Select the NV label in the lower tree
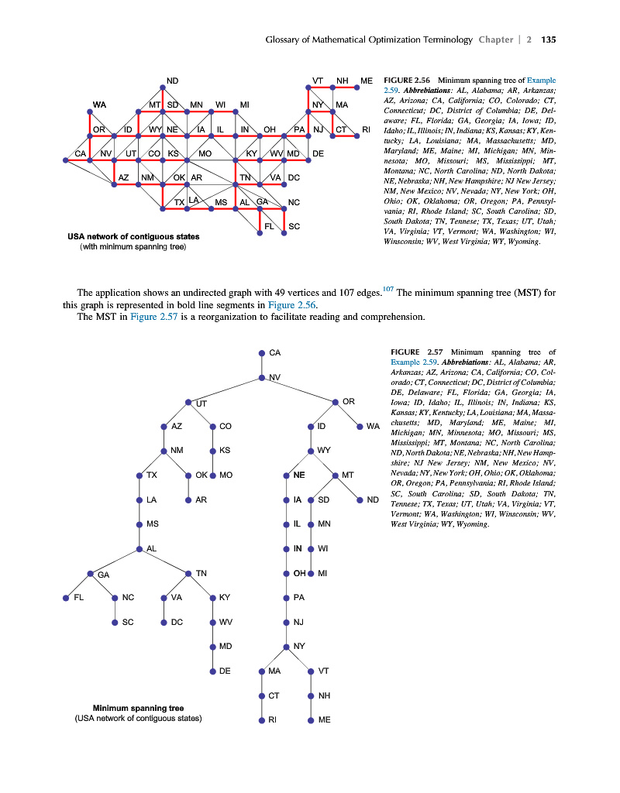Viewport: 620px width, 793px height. point(274,377)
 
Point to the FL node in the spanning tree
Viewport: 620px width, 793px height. point(66,598)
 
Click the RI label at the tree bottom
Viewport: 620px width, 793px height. point(274,719)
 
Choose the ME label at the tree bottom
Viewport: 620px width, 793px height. point(324,719)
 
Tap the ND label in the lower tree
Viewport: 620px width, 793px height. point(373,499)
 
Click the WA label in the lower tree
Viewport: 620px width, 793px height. point(373,427)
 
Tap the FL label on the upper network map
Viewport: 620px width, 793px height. point(269,225)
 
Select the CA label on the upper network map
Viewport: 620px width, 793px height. point(81,153)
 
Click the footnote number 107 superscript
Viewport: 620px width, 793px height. point(388,290)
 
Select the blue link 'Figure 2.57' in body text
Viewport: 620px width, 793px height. point(157,316)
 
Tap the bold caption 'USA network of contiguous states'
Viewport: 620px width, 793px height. point(133,237)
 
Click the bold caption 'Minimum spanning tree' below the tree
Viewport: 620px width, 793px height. point(138,708)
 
